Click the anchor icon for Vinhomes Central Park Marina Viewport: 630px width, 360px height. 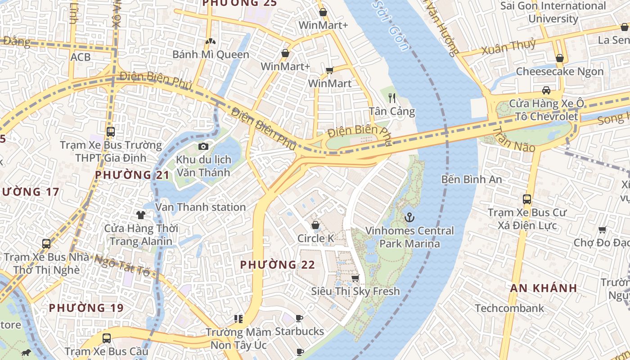click(x=409, y=218)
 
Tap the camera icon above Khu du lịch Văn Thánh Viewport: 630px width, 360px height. click(x=203, y=146)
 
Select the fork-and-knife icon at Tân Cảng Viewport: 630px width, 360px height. click(x=392, y=98)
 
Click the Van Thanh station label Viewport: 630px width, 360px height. click(x=200, y=207)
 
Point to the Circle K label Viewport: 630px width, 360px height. click(x=315, y=238)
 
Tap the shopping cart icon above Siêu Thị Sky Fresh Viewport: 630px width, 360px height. click(x=355, y=278)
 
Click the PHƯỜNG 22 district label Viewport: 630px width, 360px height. click(x=277, y=265)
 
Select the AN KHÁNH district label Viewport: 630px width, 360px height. click(x=544, y=288)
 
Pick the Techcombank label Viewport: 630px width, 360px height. click(x=509, y=308)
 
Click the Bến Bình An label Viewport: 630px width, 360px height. click(x=471, y=179)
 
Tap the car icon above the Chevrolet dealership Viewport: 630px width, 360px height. click(x=546, y=90)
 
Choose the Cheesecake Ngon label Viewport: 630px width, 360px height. click(x=559, y=72)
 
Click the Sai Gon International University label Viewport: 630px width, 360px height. click(x=553, y=12)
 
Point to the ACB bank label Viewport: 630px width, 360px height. click(x=80, y=57)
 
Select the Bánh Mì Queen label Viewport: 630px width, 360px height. click(x=211, y=54)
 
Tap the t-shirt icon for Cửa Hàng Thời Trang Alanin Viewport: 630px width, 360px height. click(x=141, y=215)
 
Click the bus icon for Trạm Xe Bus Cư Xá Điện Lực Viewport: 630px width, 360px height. click(x=527, y=199)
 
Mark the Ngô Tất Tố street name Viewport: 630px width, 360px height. click(x=122, y=264)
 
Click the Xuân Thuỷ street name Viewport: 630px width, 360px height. click(x=508, y=46)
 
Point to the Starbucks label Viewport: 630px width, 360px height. click(x=299, y=332)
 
